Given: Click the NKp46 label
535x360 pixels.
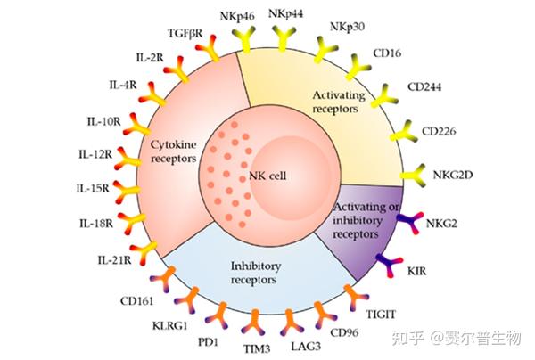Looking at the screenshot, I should point(235,15).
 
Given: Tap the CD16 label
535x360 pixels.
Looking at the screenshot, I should point(391,54).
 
